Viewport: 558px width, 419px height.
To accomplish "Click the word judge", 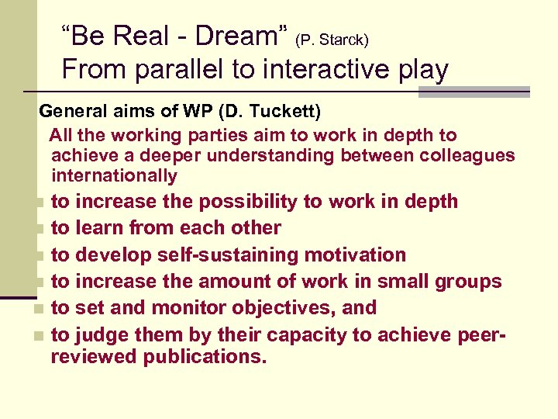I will (102, 336).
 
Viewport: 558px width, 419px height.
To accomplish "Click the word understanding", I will (263, 156).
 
